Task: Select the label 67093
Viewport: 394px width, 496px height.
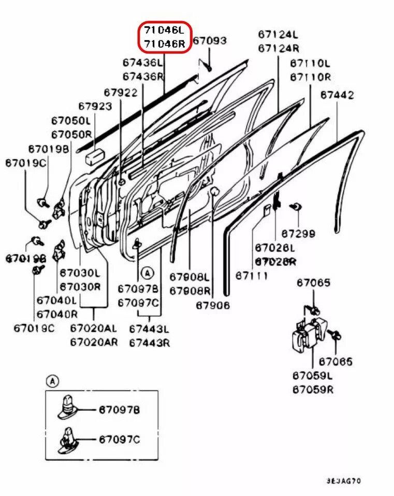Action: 210,40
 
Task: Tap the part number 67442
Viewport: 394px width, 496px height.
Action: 337,95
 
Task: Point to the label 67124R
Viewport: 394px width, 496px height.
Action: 279,49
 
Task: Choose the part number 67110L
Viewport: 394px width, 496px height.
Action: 310,64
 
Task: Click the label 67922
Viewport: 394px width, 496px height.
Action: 121,92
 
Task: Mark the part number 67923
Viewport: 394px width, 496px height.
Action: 95,106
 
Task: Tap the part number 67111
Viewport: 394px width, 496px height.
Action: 252,276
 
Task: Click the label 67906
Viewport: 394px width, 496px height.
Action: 212,305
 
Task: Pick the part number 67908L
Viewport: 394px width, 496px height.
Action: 190,277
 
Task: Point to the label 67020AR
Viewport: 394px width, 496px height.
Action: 94,342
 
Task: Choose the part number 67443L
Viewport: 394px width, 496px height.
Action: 150,329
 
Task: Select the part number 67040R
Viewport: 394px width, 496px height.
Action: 57,313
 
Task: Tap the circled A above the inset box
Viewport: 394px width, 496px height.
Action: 52,381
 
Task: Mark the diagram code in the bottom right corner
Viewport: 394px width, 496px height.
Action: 343,481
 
